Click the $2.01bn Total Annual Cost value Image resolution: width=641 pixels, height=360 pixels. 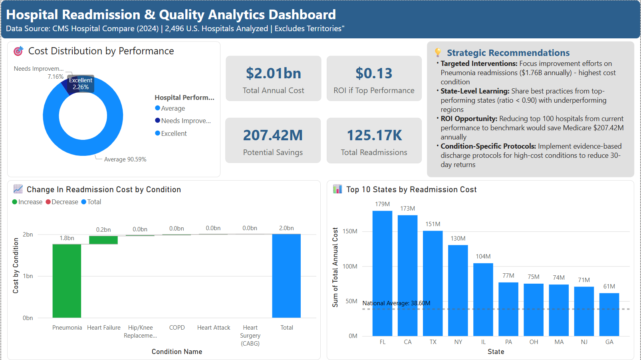point(273,74)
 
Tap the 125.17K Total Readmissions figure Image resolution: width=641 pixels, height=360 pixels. point(374,135)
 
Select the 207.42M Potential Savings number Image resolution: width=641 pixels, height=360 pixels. point(273,135)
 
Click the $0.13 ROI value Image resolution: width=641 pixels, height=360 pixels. point(374,74)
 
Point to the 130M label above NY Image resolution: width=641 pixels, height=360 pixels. point(458,239)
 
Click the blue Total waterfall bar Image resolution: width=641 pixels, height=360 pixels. point(286,276)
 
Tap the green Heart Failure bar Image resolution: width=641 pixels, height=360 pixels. point(103,240)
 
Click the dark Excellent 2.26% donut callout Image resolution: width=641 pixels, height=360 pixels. point(81,84)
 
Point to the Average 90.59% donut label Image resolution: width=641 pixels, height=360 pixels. point(125,159)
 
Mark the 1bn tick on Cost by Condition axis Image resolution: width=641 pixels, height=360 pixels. point(28,276)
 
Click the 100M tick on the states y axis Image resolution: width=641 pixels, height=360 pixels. point(350,267)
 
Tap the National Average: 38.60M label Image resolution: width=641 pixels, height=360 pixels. point(396,303)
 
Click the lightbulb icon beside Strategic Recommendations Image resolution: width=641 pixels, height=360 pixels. point(438,52)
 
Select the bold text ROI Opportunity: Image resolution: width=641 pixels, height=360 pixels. point(469,119)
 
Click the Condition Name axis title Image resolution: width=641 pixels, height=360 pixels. point(177,352)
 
